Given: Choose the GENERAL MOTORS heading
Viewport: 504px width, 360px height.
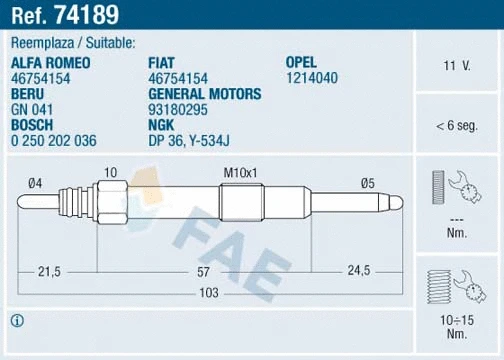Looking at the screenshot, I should [204, 93].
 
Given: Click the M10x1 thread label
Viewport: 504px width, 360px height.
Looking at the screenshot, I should [240, 173].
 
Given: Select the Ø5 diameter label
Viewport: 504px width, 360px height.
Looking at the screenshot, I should [367, 181].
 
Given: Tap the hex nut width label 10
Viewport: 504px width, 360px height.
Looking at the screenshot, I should [110, 173].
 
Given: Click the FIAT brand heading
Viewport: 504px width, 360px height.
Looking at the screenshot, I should [163, 62].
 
